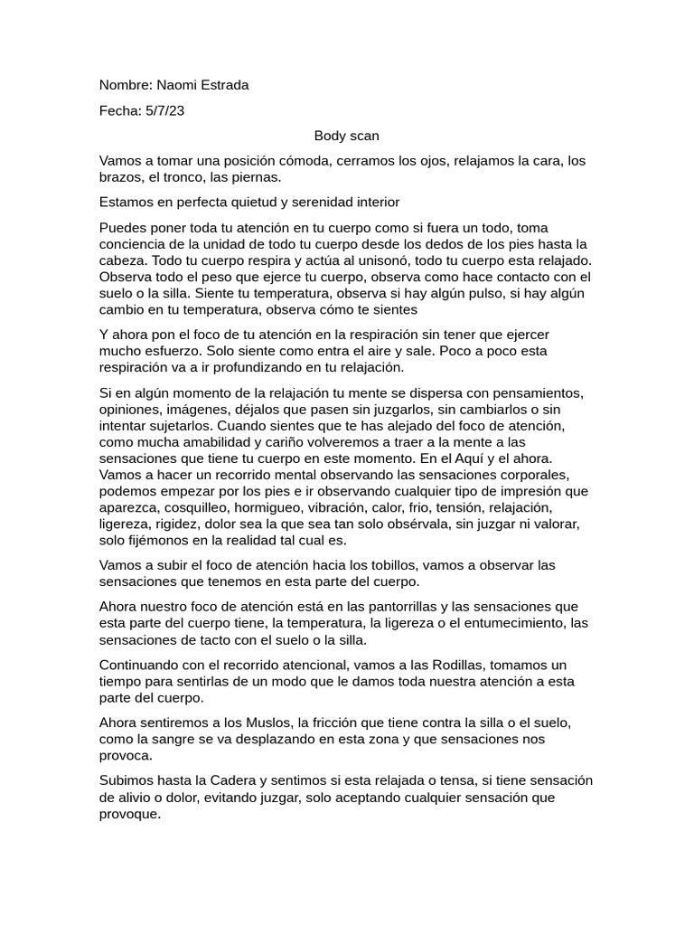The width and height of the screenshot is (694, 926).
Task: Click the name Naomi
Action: pos(175,85)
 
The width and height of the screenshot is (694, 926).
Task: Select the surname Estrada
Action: pos(223,85)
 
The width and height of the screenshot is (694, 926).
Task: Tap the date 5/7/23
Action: pos(164,110)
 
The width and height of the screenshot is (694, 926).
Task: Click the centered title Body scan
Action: pos(346,136)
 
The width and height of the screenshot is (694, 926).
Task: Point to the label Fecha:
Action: pos(119,110)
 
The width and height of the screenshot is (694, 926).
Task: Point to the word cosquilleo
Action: pos(211,507)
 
